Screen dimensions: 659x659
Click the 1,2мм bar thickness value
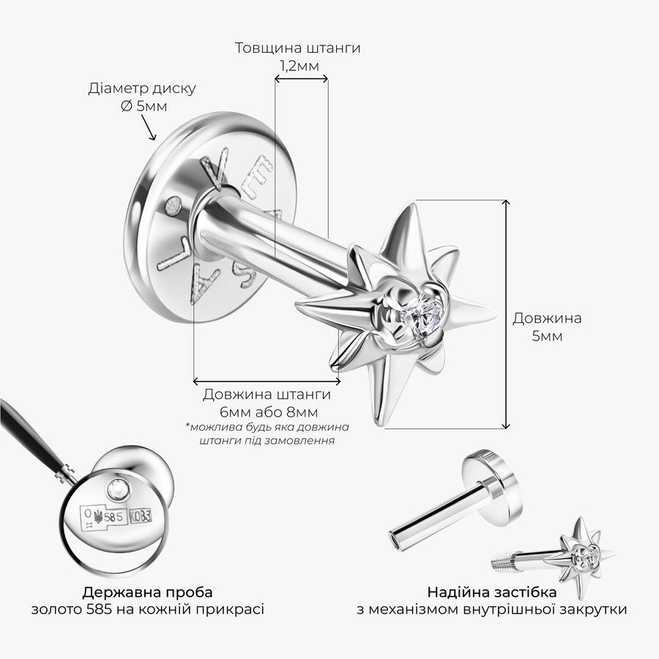[299, 66]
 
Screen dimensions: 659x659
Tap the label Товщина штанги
[297, 48]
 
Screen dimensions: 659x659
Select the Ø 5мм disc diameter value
[144, 106]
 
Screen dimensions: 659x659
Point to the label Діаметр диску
[142, 89]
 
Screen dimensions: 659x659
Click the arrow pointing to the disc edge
[149, 127]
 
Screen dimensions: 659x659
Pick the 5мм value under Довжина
[547, 336]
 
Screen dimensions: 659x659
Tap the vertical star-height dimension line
[507, 314]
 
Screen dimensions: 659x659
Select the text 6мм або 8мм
[269, 412]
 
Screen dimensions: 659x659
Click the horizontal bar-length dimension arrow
[267, 381]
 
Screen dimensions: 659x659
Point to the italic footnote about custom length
[267, 433]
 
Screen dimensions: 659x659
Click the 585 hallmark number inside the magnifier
[113, 517]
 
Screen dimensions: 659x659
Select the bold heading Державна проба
[147, 592]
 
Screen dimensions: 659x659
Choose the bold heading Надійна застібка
[492, 592]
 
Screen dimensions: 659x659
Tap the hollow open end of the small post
[395, 540]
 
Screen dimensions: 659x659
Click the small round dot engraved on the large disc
[173, 206]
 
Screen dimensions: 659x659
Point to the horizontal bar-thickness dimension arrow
[301, 78]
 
